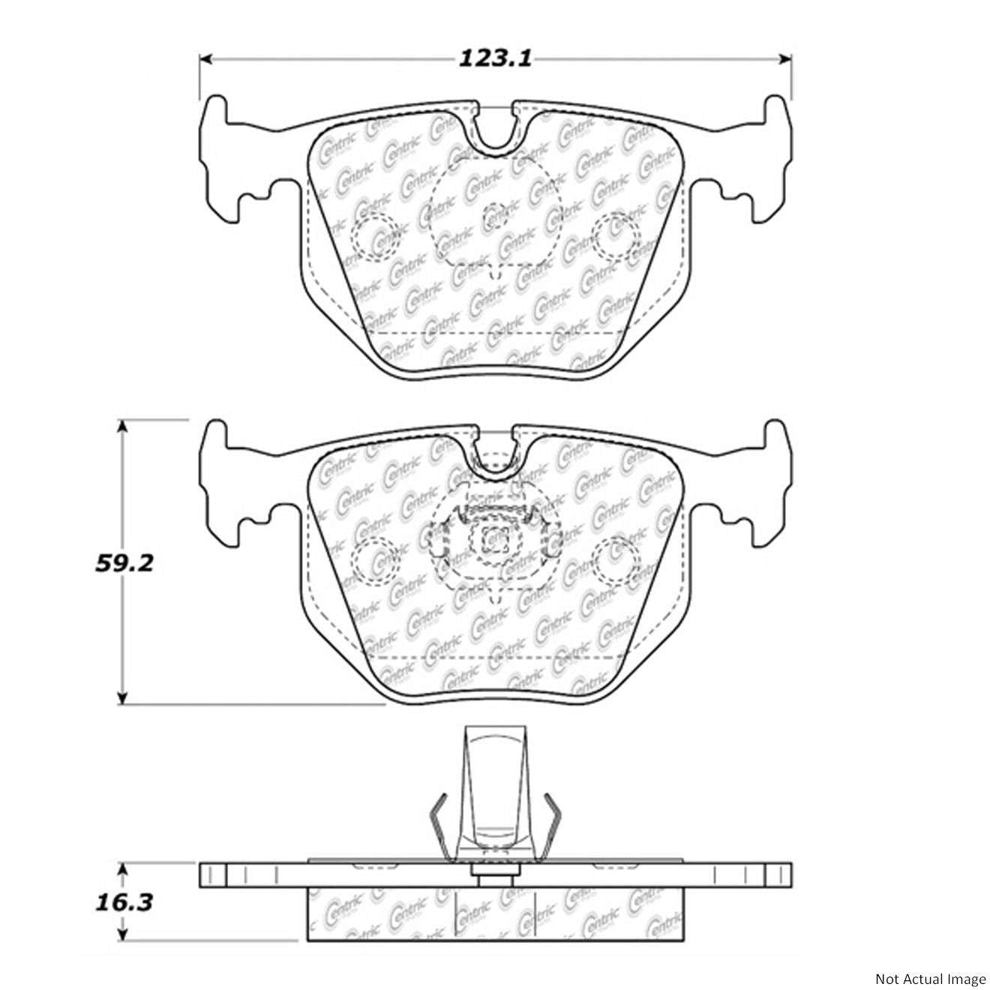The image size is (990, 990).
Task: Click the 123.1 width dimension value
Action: tap(495, 58)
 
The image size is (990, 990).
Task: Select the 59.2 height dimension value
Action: tap(124, 562)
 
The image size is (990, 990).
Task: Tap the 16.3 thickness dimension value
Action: tap(124, 901)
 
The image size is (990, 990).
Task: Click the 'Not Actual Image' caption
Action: tap(930, 979)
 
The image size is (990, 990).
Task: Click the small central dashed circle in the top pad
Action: tap(496, 217)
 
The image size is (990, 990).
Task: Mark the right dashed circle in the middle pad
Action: tap(616, 559)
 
